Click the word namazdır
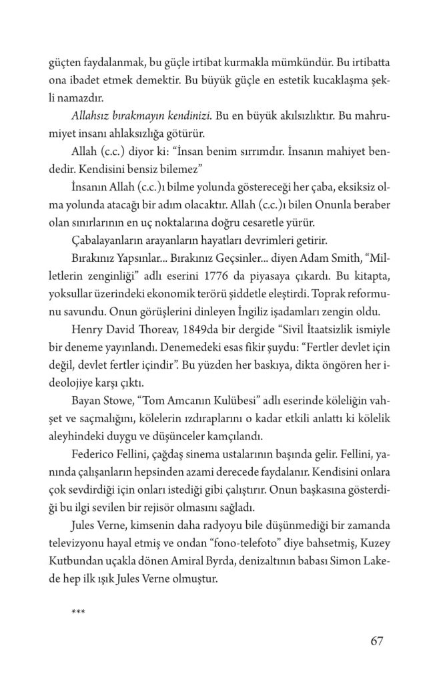coord(69,97)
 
